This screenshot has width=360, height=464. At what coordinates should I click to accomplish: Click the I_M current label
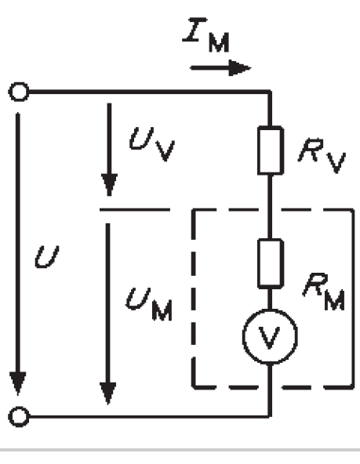pos(206,34)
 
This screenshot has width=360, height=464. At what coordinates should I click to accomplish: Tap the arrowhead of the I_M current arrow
pos(240,68)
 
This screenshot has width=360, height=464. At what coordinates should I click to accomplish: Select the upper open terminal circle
pos(19,92)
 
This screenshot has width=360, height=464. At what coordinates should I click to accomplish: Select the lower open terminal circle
pos(19,417)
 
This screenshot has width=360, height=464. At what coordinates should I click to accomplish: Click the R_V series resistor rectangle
pos(271,150)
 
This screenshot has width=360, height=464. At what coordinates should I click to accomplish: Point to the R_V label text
pos(322,155)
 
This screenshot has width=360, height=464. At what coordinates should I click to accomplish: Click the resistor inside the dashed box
pos(271,263)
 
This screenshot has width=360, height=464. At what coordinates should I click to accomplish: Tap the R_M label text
pos(324,292)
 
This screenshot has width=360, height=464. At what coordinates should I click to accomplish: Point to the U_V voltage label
pos(152,144)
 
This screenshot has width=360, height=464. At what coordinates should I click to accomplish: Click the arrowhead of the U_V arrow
pos(109,185)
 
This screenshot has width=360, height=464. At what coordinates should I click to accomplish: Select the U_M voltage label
pos(148,305)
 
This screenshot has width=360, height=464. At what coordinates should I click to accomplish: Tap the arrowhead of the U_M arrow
pos(107,393)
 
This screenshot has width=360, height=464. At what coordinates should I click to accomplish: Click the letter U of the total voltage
pos(47,257)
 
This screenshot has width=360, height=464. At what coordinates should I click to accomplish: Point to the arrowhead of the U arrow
pos(18,383)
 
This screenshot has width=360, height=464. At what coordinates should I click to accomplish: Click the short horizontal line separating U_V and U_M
pos(135,210)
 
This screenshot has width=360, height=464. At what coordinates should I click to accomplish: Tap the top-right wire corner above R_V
pos(270,92)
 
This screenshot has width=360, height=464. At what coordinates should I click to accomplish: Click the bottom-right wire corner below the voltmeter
pos(270,416)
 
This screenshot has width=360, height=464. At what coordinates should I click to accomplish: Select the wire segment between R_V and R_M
pos(270,207)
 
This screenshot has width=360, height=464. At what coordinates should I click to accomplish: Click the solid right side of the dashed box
pos(353,299)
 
